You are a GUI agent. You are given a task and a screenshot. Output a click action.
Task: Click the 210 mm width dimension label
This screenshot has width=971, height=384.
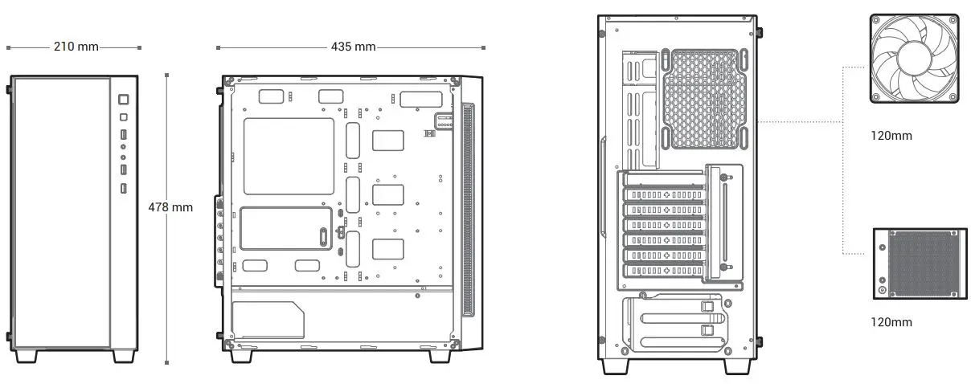click(x=76, y=47)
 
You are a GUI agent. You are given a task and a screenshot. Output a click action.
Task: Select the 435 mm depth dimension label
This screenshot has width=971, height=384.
click(x=353, y=47)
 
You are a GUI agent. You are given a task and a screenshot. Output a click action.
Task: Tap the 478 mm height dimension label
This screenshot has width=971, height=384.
click(x=170, y=207)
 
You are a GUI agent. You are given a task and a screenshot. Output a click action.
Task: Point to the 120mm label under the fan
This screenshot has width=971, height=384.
click(x=891, y=136)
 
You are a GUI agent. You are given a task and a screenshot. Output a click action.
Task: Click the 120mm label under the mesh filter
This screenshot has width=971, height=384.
click(x=891, y=322)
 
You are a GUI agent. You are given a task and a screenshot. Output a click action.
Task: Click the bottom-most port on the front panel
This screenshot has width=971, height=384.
click(x=123, y=188)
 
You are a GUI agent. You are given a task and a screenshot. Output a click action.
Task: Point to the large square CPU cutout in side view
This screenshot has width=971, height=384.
click(x=288, y=156)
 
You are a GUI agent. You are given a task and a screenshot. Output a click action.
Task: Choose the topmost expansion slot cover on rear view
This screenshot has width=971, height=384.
click(x=663, y=196)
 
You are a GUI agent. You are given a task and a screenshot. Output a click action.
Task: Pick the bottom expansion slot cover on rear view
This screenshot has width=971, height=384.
click(x=663, y=271)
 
